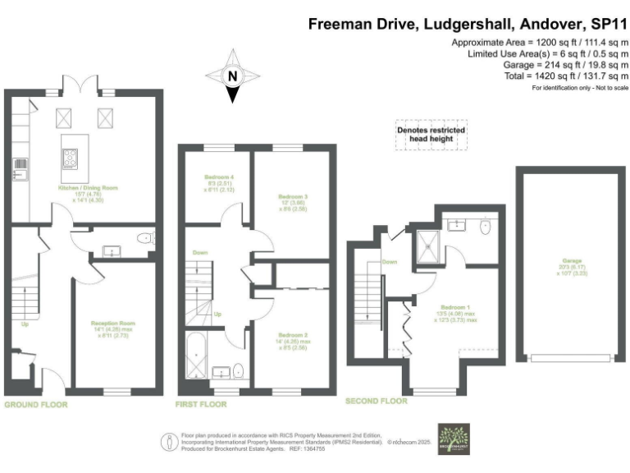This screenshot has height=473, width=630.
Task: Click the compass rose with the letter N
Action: [x=233, y=76]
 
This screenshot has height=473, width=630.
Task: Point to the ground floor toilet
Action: [x=144, y=238]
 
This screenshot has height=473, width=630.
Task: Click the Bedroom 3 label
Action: [x=293, y=197]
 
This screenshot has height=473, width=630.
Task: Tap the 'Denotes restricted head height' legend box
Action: [x=431, y=135]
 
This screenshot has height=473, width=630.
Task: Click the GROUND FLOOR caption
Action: [x=36, y=405]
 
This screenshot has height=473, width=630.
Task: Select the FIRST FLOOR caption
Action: [x=201, y=405]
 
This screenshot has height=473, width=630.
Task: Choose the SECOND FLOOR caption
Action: [x=376, y=402]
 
